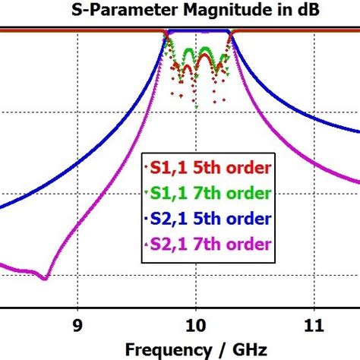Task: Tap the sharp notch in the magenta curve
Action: click(46, 279)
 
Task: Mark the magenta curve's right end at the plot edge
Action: click(358, 182)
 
